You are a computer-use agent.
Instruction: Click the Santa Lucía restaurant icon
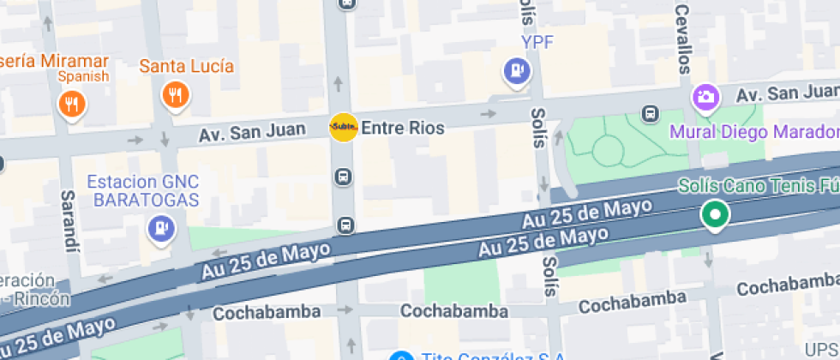click(x=176, y=94)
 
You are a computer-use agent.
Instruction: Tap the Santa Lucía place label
click(x=187, y=65)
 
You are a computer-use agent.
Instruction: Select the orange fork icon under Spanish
click(x=71, y=105)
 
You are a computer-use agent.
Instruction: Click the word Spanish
click(x=83, y=76)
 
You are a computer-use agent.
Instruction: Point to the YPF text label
click(x=537, y=42)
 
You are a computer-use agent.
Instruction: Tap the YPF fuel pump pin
click(x=516, y=71)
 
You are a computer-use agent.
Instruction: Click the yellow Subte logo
click(x=344, y=128)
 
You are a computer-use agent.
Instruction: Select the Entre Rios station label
click(x=403, y=129)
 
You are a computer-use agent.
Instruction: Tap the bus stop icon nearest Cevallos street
click(x=651, y=113)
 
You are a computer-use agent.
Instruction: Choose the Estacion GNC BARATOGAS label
click(x=144, y=190)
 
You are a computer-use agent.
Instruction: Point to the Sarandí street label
click(x=69, y=220)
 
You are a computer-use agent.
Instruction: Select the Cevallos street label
click(x=683, y=39)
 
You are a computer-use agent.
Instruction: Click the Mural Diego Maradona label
click(x=754, y=132)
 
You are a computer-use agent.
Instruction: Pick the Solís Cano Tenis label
click(x=759, y=185)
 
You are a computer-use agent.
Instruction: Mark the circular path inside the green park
click(x=608, y=152)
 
